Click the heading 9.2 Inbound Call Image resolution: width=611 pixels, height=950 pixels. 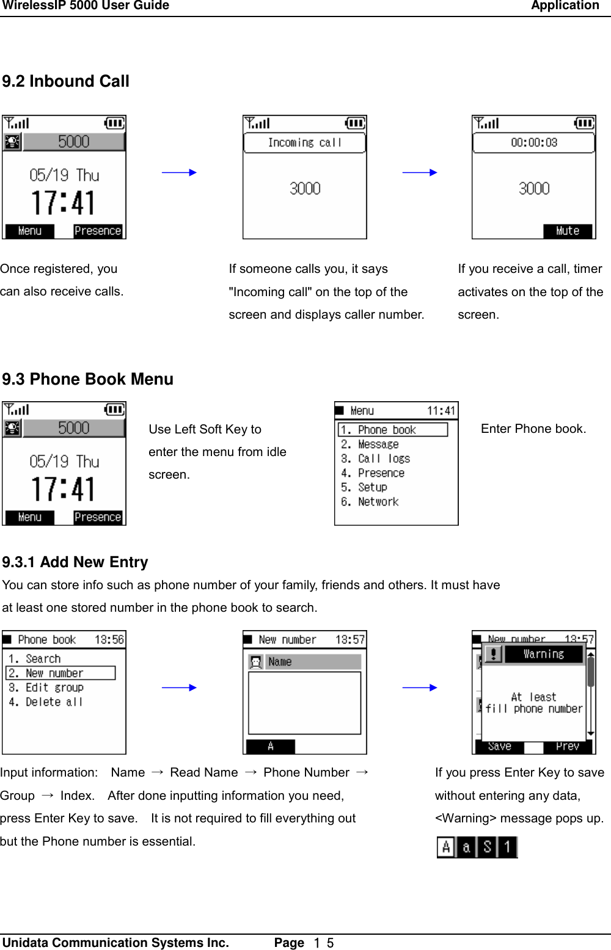coord(65,81)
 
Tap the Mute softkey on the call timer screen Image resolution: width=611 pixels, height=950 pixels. coord(568,231)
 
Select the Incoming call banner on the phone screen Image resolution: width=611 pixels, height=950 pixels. coord(304,142)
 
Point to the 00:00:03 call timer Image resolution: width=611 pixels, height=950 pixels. coord(533,142)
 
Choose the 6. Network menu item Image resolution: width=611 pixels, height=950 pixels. coord(370,502)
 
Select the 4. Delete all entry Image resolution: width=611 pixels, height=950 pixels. coord(45,702)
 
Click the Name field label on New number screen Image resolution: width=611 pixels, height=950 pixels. coord(280,662)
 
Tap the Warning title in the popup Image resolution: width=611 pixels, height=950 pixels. coord(543,654)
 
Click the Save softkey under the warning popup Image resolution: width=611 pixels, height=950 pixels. coord(499,746)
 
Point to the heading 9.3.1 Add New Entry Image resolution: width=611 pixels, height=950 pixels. coord(75,562)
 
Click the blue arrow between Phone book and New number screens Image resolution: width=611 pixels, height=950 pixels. coord(179,687)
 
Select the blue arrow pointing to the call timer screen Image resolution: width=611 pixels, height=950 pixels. coord(420,173)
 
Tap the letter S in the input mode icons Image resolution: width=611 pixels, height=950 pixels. coord(487,847)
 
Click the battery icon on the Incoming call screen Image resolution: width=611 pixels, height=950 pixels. coord(355,123)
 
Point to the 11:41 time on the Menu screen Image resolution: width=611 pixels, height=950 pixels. coord(441,411)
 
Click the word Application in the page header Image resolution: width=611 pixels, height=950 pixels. coord(565,6)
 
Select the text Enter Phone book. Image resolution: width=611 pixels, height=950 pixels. coord(533,429)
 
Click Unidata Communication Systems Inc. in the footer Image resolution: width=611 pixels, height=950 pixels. coord(115,943)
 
